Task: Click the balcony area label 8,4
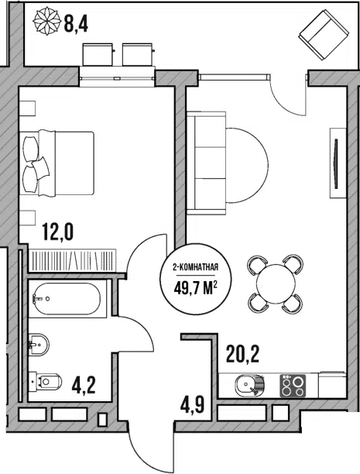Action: click(x=76, y=24)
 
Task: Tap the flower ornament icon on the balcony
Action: click(x=46, y=21)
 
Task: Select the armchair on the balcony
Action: click(x=324, y=35)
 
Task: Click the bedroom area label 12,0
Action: click(x=58, y=232)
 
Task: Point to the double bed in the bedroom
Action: click(x=57, y=163)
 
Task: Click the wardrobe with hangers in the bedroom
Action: click(x=74, y=260)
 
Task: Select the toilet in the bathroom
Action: click(x=46, y=382)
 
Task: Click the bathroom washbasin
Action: click(x=39, y=345)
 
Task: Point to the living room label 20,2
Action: click(x=243, y=355)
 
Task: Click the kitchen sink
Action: click(x=249, y=385)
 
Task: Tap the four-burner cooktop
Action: click(x=293, y=385)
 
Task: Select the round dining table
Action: click(x=276, y=283)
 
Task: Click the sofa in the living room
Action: click(x=207, y=163)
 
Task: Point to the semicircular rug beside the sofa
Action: click(x=247, y=165)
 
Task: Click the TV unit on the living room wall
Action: click(x=338, y=163)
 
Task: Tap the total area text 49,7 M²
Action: click(x=196, y=289)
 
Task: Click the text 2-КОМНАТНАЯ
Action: click(x=196, y=267)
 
